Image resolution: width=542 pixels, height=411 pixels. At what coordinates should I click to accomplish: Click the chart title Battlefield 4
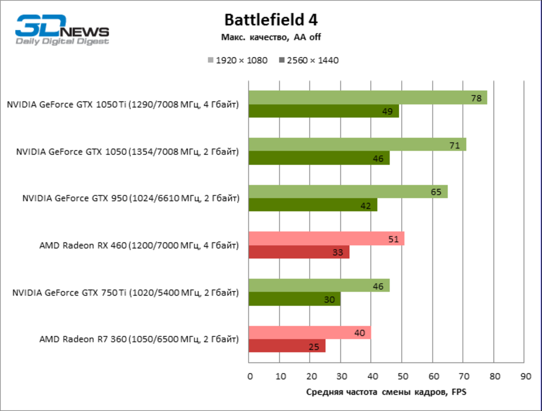coord(271,19)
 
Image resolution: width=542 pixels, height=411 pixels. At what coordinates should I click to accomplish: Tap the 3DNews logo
coord(62,30)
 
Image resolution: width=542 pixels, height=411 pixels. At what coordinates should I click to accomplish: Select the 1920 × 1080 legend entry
coord(238,60)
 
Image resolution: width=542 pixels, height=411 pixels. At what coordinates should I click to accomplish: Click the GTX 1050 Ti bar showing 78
coord(368,97)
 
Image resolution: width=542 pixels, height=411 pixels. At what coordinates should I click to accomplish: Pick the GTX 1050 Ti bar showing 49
coord(324,111)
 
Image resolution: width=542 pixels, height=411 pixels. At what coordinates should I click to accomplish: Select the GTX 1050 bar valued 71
coord(357,144)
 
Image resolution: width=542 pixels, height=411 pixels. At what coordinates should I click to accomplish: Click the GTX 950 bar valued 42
coord(313,205)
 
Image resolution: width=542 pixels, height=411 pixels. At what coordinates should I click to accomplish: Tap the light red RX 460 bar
coord(326,238)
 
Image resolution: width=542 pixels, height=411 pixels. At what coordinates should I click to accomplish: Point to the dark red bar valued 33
coord(299,252)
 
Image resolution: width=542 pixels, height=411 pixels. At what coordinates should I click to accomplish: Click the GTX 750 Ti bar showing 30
coord(294,299)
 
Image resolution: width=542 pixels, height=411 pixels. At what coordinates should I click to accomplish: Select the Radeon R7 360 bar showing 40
coord(310,333)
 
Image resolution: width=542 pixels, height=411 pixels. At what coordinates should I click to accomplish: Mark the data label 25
coord(314,347)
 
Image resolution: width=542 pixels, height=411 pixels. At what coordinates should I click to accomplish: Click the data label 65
coord(436,192)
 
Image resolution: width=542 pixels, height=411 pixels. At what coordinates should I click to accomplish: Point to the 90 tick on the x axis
coord(525,376)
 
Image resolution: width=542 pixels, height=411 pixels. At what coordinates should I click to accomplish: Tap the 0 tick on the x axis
coord(250,376)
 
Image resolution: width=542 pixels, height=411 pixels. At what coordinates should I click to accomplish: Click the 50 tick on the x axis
coord(402,376)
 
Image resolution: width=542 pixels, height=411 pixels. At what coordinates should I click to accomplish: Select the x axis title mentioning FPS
coord(386,392)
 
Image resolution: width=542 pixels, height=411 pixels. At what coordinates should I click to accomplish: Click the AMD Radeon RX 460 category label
coord(139,245)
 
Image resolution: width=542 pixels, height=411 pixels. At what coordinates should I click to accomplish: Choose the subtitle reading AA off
coord(271,37)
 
